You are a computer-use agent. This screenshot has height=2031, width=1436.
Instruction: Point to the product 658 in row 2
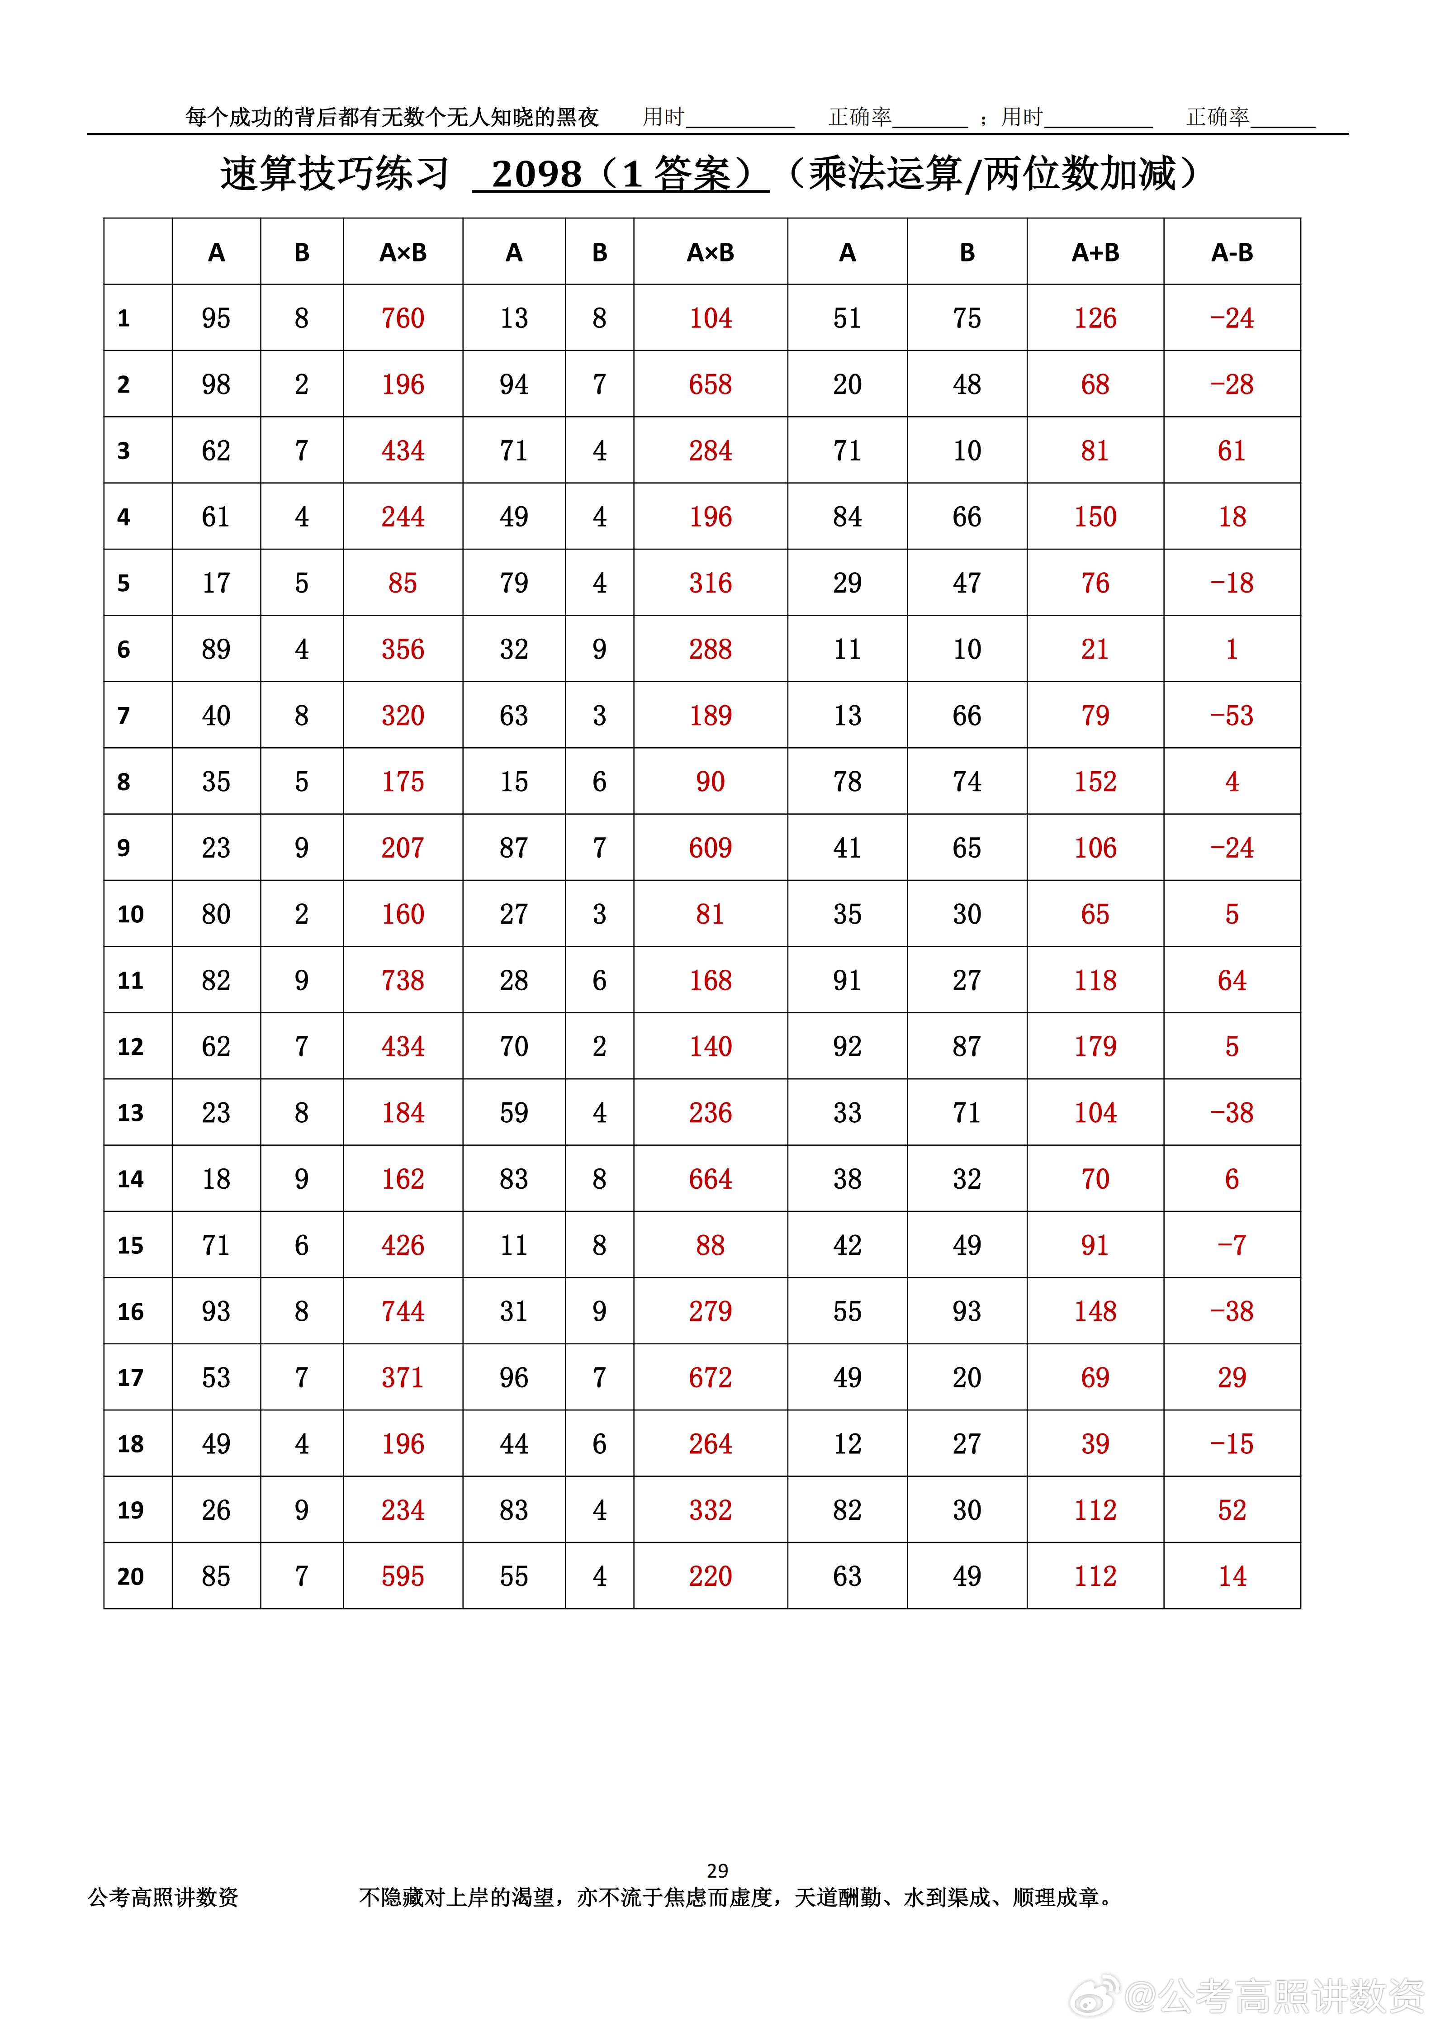click(x=710, y=384)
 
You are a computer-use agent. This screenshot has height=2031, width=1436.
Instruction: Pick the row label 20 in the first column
click(x=130, y=1576)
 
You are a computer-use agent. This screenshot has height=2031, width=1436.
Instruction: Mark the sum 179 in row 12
click(x=1095, y=1046)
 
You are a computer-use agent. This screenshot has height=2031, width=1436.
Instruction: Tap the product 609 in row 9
click(x=710, y=847)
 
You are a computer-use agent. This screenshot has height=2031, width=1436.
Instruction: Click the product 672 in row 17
click(x=710, y=1377)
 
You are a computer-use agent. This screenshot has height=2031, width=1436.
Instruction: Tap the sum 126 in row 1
click(x=1095, y=318)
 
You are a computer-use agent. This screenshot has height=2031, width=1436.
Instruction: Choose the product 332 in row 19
click(x=710, y=1510)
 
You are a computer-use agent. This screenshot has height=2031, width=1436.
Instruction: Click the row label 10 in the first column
click(x=130, y=914)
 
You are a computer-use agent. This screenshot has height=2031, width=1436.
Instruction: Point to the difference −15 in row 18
click(x=1232, y=1443)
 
